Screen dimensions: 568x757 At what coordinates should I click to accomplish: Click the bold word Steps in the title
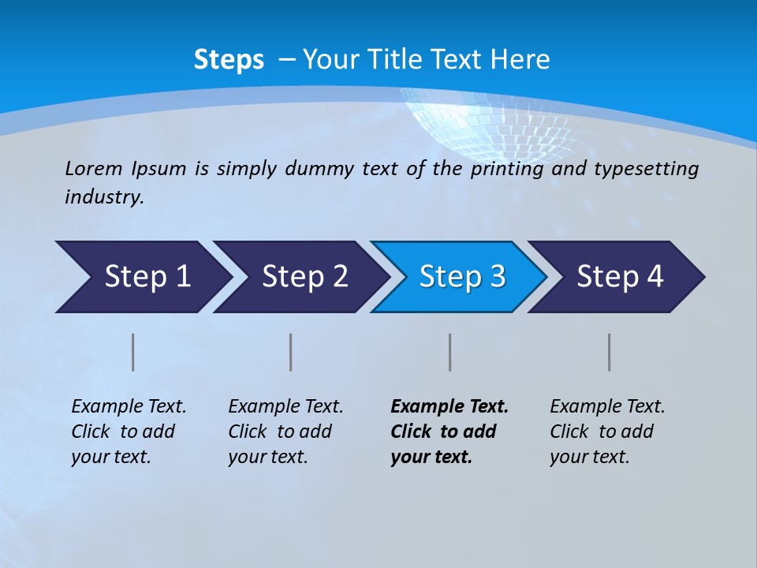(x=229, y=60)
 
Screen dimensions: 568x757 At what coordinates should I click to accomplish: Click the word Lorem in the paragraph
(x=94, y=168)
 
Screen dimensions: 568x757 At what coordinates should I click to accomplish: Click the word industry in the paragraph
(x=103, y=196)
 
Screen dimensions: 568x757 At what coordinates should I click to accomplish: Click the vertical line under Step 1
(x=133, y=352)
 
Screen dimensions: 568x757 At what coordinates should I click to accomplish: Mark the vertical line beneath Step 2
(x=291, y=352)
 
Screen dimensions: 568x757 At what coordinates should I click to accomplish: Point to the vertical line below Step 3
(x=450, y=352)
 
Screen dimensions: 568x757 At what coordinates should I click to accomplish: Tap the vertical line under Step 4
(x=610, y=352)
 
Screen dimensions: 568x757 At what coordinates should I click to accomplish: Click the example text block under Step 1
(x=129, y=432)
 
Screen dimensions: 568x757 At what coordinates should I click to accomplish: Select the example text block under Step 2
(x=285, y=432)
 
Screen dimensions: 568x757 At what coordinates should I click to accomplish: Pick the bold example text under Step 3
(x=449, y=432)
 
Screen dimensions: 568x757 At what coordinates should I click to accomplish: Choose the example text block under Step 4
(x=607, y=432)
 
